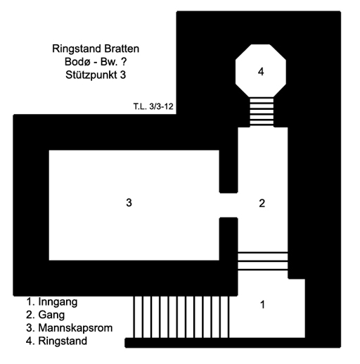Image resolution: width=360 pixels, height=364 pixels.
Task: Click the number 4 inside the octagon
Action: [261, 71]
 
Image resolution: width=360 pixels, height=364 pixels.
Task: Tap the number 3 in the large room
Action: [129, 202]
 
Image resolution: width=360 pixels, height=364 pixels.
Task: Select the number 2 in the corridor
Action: [262, 203]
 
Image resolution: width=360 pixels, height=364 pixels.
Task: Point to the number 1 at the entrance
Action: [262, 305]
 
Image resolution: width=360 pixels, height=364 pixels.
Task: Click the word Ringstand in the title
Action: [77, 49]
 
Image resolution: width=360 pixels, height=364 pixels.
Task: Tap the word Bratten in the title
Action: [122, 49]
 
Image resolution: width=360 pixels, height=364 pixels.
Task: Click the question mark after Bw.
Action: [124, 62]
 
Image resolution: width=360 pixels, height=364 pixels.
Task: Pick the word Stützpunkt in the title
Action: [91, 75]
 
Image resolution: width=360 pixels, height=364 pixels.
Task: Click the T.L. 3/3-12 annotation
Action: [153, 106]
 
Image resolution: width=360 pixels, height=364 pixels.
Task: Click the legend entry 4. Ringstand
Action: [56, 341]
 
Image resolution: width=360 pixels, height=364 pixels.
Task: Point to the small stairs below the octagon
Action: [262, 112]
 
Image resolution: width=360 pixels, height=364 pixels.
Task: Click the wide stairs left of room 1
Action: [181, 317]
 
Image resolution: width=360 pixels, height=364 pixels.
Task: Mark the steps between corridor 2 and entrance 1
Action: [263, 261]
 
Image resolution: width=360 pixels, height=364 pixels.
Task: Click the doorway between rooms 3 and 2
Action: [229, 205]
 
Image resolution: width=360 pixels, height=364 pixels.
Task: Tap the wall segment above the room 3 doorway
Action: [229, 171]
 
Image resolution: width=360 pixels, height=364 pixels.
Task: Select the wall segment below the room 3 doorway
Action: [229, 239]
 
